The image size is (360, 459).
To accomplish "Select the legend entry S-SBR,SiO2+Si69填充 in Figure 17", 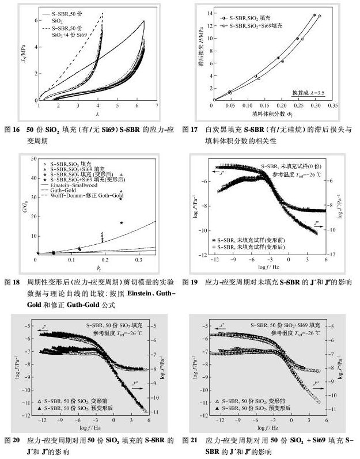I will coord(256,26).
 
